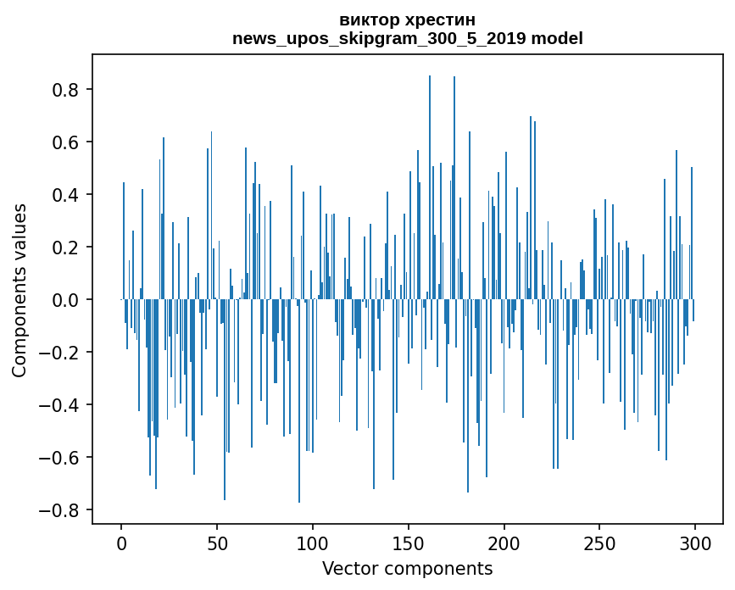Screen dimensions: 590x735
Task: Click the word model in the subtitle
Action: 557,38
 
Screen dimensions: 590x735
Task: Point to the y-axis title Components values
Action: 19,291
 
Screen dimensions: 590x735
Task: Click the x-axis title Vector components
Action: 407,568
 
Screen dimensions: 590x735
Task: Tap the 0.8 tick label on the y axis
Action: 67,90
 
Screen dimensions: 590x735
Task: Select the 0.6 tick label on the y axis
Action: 67,142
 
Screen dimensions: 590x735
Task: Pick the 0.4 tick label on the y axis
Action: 67,195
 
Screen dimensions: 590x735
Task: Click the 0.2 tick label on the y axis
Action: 67,248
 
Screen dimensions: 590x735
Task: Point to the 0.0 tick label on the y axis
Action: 67,300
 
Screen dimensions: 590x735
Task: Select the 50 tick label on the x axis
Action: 217,543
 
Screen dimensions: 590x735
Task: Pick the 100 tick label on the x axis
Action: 313,543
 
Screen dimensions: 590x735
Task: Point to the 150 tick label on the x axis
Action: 409,543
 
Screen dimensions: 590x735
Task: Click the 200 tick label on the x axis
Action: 504,543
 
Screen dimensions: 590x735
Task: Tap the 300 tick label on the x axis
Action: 695,543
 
